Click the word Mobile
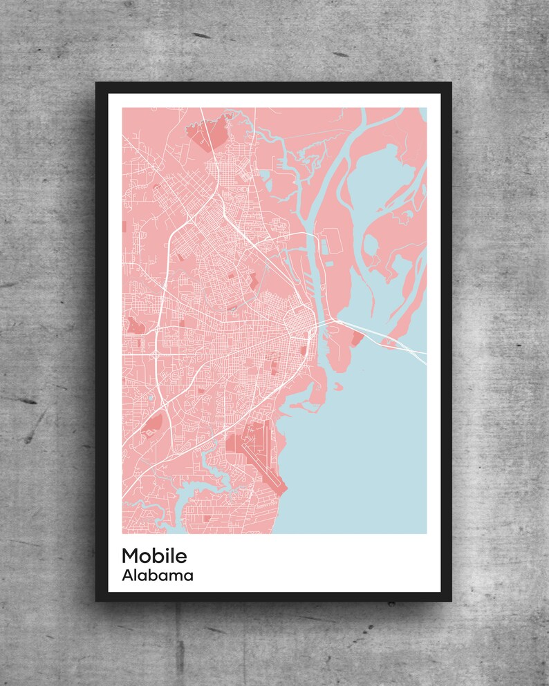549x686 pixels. click(154, 555)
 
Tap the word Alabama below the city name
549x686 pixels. click(157, 575)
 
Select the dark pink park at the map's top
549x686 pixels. click(210, 133)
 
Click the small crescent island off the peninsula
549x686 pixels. click(339, 387)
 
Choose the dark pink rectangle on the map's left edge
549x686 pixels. click(124, 226)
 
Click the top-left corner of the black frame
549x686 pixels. click(97, 84)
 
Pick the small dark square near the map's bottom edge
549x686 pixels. click(206, 517)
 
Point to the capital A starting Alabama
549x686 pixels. click(127, 575)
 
